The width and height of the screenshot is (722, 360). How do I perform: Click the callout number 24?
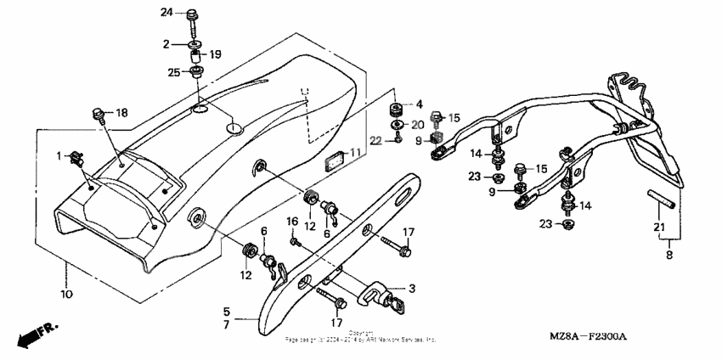coord(166,13)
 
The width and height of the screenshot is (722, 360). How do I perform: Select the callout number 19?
coord(216,54)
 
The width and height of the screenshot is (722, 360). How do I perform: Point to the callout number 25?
coord(173,72)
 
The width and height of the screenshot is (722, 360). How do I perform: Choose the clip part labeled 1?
coord(78,155)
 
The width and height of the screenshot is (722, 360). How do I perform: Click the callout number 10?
coord(66,294)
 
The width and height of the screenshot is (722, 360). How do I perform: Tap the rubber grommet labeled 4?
coord(396,110)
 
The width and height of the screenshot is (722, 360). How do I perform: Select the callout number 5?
coord(227,310)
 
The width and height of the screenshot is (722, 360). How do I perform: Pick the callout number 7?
coord(227,324)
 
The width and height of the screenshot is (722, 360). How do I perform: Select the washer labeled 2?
coord(195,43)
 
